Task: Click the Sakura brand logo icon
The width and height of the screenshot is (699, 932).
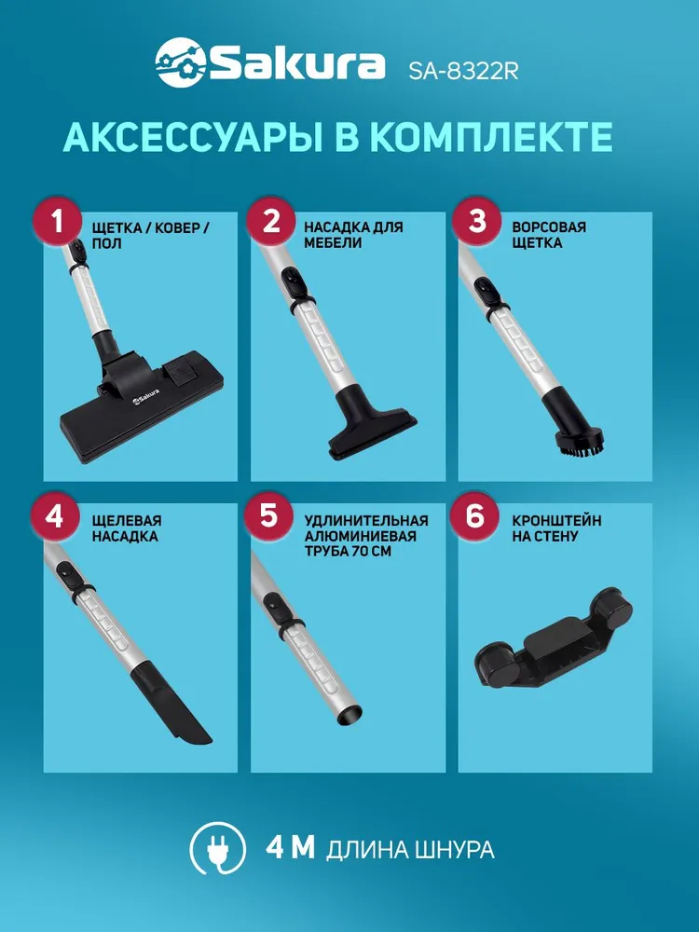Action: pos(181,62)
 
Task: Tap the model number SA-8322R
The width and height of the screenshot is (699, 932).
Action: pos(463,71)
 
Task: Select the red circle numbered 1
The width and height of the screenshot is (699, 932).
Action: pos(57,222)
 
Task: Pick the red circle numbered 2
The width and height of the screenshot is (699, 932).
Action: pos(270,222)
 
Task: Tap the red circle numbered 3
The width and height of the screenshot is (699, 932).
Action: pos(476,222)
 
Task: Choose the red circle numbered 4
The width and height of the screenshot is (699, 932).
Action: pos(54,515)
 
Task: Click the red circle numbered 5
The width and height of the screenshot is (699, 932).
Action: pos(268,515)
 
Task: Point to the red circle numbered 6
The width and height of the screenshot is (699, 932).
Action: pos(474,515)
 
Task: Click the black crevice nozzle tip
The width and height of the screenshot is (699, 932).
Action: pos(172,707)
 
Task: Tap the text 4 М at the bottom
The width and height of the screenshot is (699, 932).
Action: pos(290,847)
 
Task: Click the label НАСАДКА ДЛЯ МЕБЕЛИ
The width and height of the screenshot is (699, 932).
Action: pos(353,235)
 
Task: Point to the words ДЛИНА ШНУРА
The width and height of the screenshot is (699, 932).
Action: pos(410,850)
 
